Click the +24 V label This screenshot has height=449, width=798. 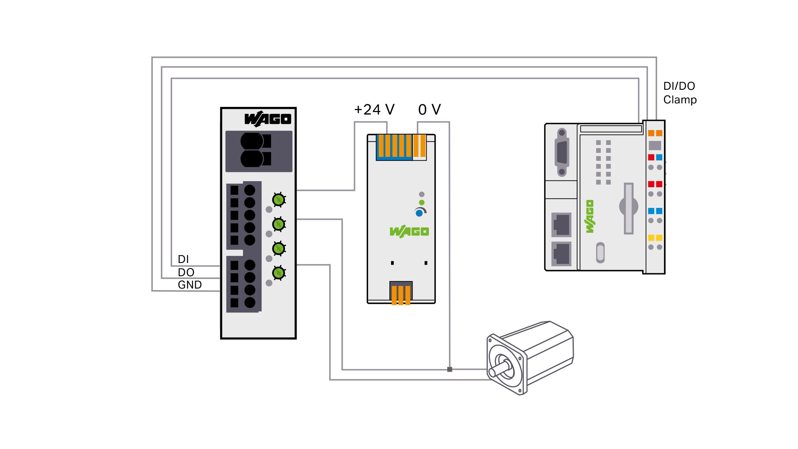tap(374, 110)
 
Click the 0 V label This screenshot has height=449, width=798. tap(429, 110)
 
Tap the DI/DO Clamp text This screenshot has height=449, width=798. tap(680, 93)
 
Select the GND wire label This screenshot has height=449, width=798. tap(190, 285)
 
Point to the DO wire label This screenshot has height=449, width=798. tap(186, 273)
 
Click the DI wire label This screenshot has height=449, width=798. tap(184, 259)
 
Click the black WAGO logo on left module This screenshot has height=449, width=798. tap(268, 119)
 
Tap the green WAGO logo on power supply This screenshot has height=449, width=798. tap(409, 231)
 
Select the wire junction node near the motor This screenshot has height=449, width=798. tap(450, 369)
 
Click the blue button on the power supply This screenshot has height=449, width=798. tap(419, 213)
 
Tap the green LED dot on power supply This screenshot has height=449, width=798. tap(422, 202)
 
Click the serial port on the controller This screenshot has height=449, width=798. tap(562, 152)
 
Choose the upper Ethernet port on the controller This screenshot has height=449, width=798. tap(561, 225)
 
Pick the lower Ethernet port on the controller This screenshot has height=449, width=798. tap(561, 253)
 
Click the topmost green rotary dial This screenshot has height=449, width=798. tap(279, 200)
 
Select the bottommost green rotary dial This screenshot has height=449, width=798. tap(279, 273)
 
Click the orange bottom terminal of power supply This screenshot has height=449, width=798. tap(401, 295)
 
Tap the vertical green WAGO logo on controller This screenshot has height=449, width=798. tap(590, 216)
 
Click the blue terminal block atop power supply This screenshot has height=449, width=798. tap(394, 147)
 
